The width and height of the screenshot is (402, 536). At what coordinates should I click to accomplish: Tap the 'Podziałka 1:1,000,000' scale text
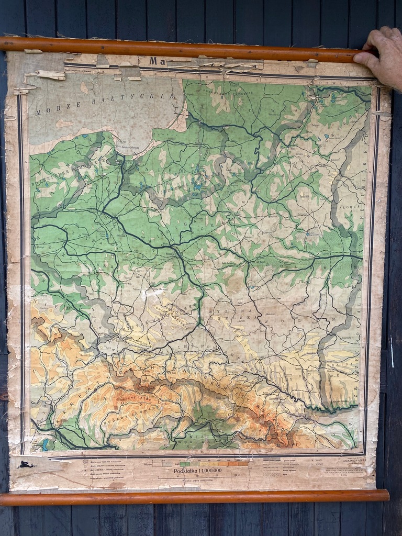197,470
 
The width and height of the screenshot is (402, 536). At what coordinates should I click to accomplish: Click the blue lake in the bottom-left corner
45,444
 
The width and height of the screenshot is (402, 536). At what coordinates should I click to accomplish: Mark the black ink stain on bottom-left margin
25,464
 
